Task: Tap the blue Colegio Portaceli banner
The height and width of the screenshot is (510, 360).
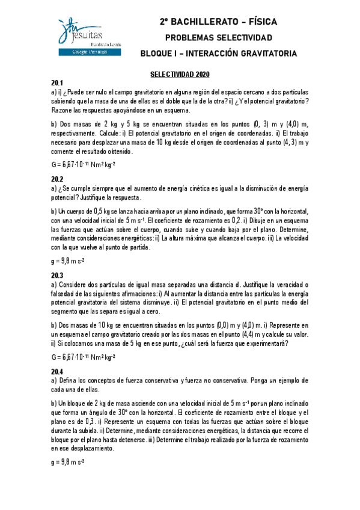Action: click(88, 53)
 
